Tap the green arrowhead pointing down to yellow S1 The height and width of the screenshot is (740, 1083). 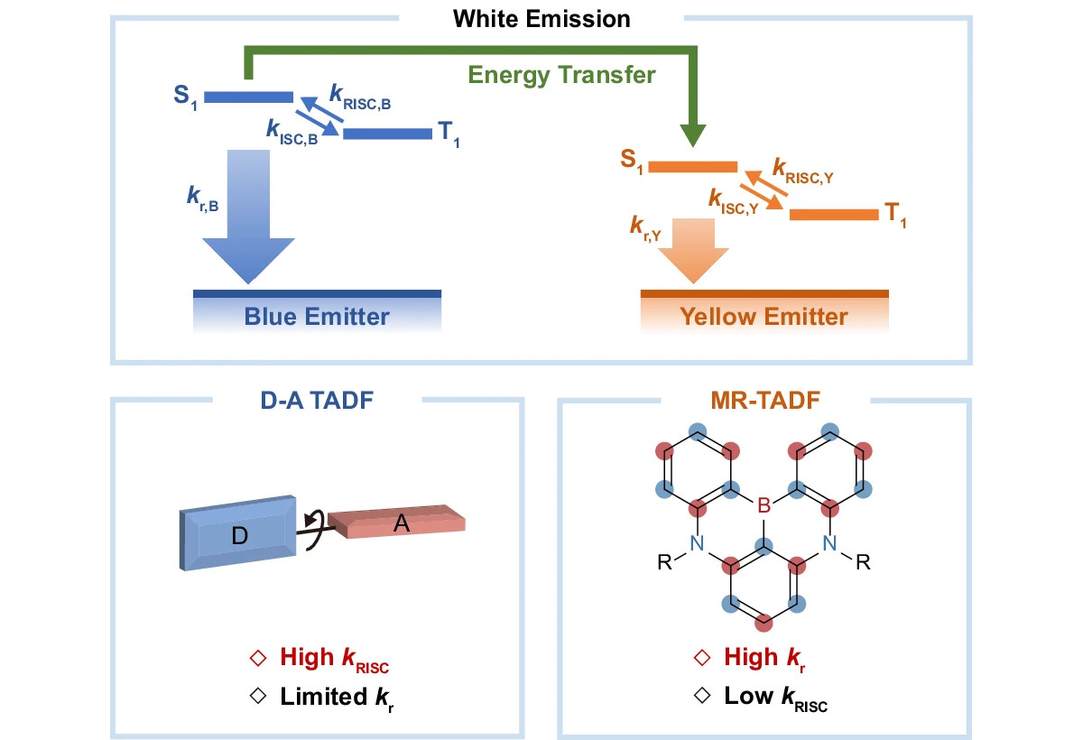pos(693,135)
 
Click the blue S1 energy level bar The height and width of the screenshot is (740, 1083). pos(249,97)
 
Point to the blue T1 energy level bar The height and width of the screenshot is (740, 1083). pos(388,134)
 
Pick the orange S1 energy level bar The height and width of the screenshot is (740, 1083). pos(693,167)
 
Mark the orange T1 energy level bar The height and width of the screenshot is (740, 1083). pos(833,214)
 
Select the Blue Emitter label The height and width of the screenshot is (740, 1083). pos(317,317)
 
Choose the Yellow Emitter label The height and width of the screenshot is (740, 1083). pos(764,317)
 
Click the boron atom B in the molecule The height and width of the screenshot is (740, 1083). pos(764,507)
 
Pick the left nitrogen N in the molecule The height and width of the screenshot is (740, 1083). pos(696,542)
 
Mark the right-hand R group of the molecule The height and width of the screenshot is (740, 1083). pos(863,563)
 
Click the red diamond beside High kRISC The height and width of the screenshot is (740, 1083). pos(257,658)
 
